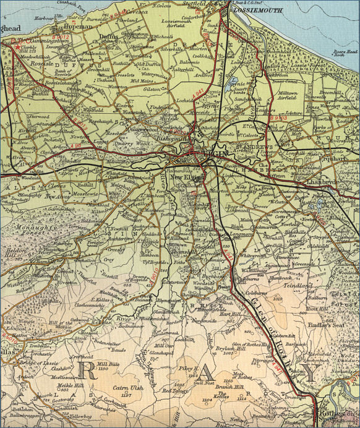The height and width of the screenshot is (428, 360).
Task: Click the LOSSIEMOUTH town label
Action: click(260, 11)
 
